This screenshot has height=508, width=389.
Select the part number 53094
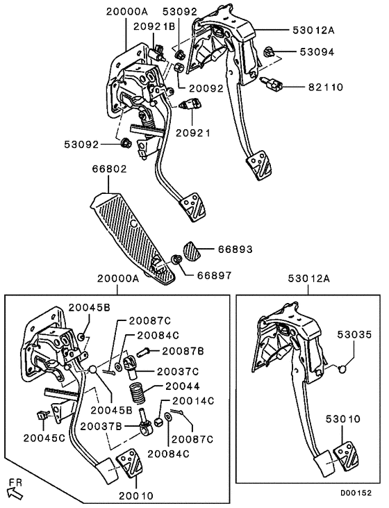317,51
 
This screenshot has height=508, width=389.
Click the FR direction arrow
15,491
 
